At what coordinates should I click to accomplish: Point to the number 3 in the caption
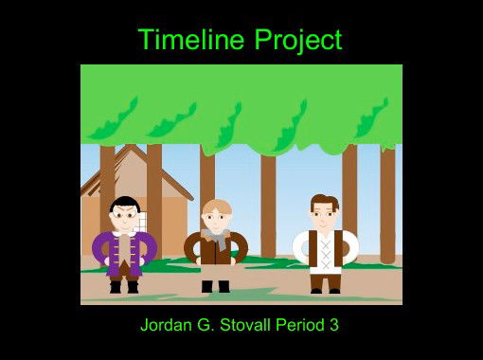pyautogui.click(x=334, y=325)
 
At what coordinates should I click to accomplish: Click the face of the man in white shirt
pyautogui.click(x=324, y=216)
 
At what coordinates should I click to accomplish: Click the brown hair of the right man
pyautogui.click(x=324, y=201)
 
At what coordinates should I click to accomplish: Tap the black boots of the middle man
pyautogui.click(x=215, y=285)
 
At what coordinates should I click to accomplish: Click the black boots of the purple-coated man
pyautogui.click(x=123, y=286)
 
